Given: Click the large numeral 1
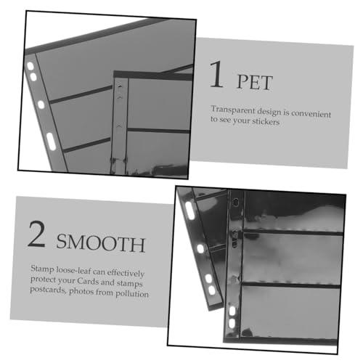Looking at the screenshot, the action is [216, 74].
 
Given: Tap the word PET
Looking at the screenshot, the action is [255, 83].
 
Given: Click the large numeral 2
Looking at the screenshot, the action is [37, 234].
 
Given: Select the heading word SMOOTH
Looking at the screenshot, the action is [101, 243].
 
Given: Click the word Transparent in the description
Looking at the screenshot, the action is [233, 110].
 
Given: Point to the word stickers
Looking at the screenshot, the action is [266, 121].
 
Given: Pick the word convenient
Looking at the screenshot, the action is [311, 113].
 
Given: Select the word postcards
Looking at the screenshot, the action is [48, 290].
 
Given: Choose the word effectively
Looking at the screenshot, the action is [126, 273].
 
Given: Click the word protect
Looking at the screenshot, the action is [41, 280].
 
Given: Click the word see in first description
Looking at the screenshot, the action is [225, 120].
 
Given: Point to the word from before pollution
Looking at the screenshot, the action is [105, 293].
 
